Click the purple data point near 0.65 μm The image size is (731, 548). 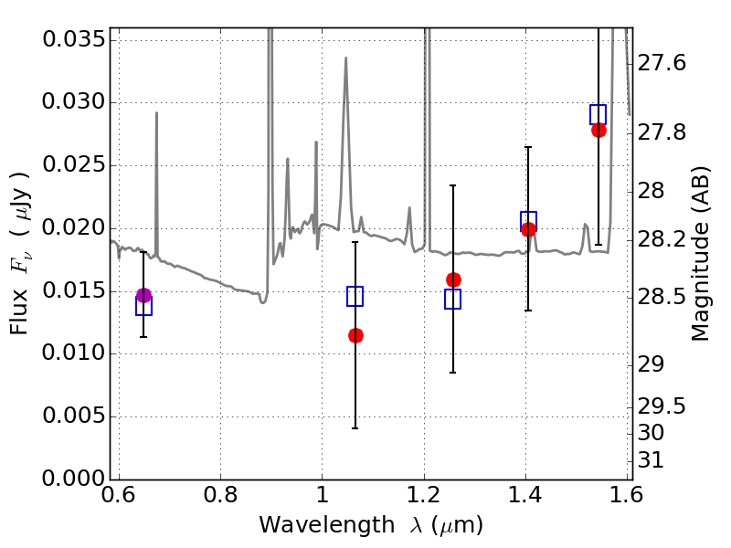(144, 295)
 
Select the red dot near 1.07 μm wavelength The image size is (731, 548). (355, 335)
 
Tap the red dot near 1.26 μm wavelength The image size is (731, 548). (453, 279)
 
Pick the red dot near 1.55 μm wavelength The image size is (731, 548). (599, 130)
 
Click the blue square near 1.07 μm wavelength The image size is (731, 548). (355, 296)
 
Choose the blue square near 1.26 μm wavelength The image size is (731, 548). (452, 300)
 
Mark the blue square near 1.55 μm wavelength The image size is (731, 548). (599, 115)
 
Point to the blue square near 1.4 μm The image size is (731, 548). (529, 221)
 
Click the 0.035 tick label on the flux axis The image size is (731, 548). (74, 39)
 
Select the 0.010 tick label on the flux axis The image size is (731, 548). (74, 353)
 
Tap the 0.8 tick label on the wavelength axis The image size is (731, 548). (221, 495)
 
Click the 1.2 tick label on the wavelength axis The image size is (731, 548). (423, 495)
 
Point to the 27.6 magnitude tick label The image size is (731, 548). (662, 63)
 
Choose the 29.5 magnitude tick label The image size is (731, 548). (662, 406)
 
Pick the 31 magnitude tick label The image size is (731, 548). (651, 460)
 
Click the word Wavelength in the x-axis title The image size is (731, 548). (327, 525)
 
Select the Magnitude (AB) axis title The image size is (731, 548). (699, 254)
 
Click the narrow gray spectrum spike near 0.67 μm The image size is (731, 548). (156, 184)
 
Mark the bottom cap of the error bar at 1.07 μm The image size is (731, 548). (355, 428)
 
